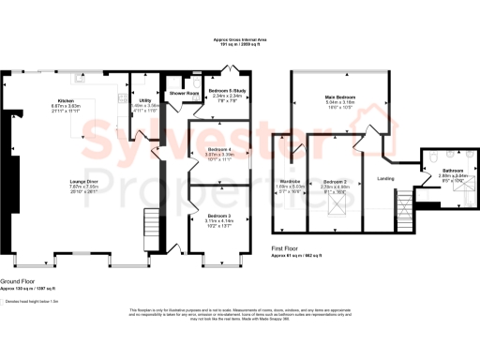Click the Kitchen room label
pos(65,99)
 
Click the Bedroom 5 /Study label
pos(228,90)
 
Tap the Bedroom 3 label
pos(218,217)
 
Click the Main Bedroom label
pos(339,97)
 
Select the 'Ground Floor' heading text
pos(19,282)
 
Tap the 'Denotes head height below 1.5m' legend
pos(33,301)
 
